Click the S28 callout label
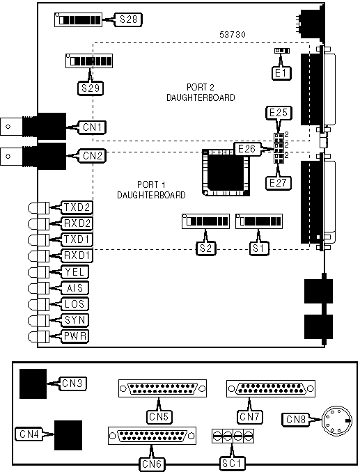(x=128, y=19)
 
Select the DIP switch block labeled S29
(x=89, y=61)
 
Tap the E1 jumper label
(x=281, y=73)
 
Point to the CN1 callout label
(x=93, y=127)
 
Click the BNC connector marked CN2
(x=33, y=157)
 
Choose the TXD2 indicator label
(x=77, y=207)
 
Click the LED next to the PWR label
(x=38, y=336)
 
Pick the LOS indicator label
(x=75, y=303)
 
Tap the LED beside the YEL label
(x=38, y=272)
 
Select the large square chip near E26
(x=226, y=173)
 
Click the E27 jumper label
(x=278, y=183)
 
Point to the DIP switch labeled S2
(x=205, y=221)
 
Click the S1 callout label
(x=258, y=248)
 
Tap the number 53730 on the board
(x=233, y=35)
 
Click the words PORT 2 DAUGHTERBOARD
(x=201, y=93)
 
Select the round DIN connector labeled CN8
(x=337, y=420)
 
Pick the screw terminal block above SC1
(x=233, y=436)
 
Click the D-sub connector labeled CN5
(x=162, y=388)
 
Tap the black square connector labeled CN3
(x=33, y=384)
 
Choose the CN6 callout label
(x=152, y=464)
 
